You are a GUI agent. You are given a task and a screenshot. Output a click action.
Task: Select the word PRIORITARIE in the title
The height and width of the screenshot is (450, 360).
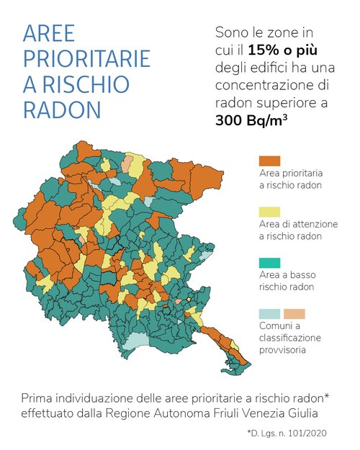coord(86,59)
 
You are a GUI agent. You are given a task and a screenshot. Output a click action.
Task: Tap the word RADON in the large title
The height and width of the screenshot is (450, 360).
coord(62,109)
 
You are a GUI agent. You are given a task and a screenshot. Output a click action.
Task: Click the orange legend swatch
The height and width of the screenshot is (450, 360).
coord(269,161)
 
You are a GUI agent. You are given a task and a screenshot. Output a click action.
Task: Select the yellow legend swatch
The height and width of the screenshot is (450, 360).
coord(269,212)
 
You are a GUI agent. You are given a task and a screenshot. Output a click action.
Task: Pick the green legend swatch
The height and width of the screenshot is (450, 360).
coord(269,262)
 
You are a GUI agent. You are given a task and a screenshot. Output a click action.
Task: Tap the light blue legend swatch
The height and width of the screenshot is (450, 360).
coord(269,313)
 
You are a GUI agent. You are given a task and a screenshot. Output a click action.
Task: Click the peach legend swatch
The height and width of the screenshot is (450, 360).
coord(294,313)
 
